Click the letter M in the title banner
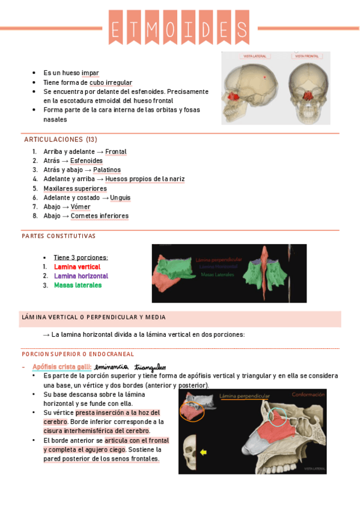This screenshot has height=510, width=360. coord(151,28)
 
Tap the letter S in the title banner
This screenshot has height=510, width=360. coord(242,28)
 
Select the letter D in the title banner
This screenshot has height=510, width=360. coord(205,28)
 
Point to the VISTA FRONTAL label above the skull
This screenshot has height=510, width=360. coord(305,57)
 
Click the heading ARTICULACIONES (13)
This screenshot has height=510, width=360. coord(60,140)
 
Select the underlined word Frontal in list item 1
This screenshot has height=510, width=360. coord(116,152)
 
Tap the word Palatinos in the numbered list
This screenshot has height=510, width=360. coord(107,170)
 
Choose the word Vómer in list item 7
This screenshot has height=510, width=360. coord(81,207)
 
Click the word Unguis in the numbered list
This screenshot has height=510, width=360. coord(120,198)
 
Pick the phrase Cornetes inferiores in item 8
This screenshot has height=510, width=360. coord(99,216)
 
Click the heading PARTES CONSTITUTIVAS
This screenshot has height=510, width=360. coord(58,236)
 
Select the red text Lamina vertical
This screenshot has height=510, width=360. coord(77,267)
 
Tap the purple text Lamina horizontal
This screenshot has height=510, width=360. coord(81,276)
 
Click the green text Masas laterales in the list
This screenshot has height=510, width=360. coord(78,285)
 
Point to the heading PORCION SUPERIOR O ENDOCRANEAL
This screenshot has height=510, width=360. coord(78,354)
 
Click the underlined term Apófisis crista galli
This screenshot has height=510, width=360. coord(62,367)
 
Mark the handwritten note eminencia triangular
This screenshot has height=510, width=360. coord(130,367)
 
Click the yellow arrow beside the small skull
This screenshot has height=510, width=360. coord(204,452)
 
